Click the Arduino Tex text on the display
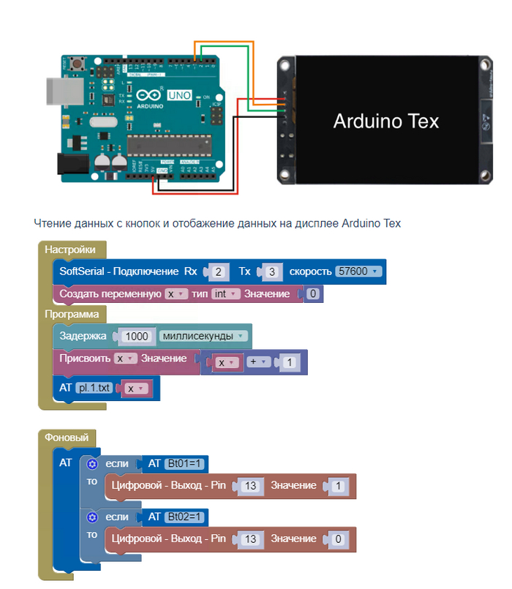385,121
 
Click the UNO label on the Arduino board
179,95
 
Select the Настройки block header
70,250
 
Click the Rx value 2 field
218,271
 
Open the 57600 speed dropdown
358,271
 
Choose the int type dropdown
225,294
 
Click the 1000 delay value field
137,337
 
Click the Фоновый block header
67,438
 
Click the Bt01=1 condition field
186,463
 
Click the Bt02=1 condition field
186,517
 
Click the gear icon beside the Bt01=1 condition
92,463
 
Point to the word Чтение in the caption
53,223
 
